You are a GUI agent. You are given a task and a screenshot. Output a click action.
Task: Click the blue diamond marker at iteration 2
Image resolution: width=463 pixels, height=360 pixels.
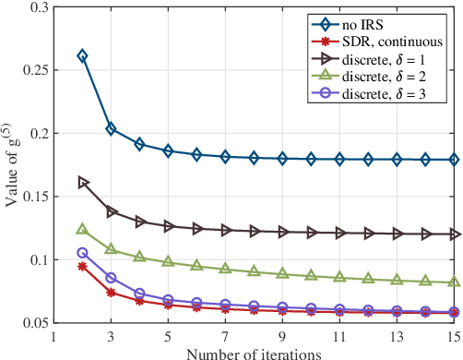click(82, 56)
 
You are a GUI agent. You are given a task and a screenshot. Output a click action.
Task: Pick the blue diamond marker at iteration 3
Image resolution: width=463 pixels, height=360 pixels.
click(111, 129)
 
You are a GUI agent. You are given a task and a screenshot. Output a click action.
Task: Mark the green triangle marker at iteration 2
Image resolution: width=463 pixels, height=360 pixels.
click(82, 229)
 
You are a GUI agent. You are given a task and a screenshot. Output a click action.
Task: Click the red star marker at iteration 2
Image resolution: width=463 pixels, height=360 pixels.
click(82, 266)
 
